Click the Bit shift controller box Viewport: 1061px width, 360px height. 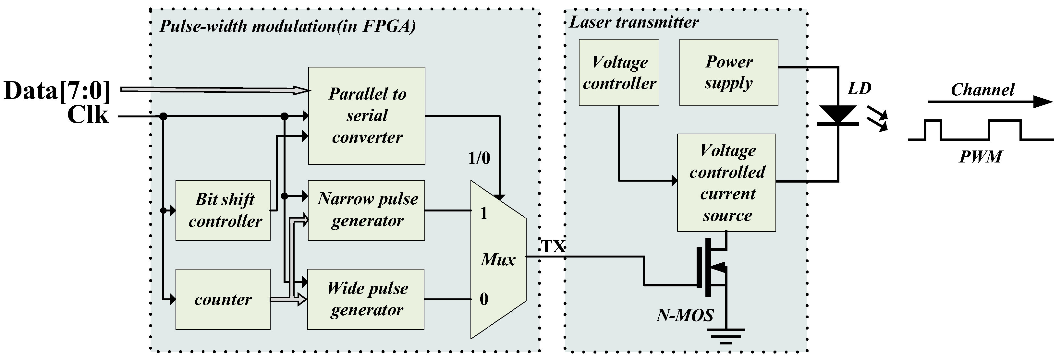[223, 210]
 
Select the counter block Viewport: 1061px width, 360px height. [223, 299]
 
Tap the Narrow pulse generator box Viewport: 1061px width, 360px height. [366, 210]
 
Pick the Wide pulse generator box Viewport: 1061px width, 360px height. [366, 299]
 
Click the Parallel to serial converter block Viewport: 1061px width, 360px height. [367, 116]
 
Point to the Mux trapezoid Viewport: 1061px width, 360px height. [498, 260]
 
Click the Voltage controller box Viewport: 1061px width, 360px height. [619, 73]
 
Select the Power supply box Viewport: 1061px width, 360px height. [728, 73]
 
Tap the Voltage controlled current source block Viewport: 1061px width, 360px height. [726, 183]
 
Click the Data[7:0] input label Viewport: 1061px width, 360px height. [57, 90]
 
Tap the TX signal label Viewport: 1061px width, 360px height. [553, 246]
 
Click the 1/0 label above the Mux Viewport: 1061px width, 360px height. [479, 158]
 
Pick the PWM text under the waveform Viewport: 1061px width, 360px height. [980, 157]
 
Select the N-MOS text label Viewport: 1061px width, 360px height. [685, 315]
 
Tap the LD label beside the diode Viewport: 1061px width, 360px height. [859, 89]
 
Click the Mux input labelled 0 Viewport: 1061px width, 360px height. [484, 299]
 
